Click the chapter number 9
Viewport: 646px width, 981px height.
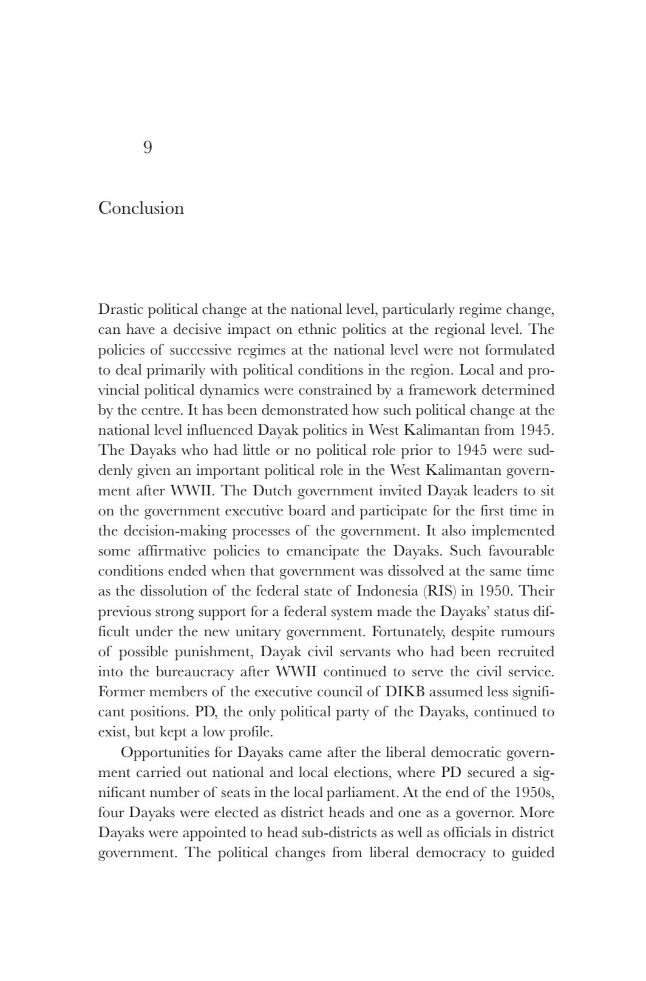click(148, 148)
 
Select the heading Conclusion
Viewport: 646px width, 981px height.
click(141, 208)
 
